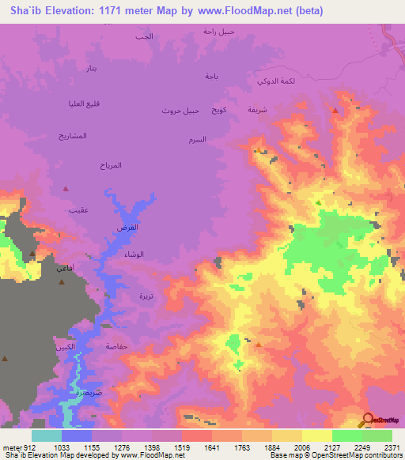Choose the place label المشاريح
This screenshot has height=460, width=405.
pos(72,137)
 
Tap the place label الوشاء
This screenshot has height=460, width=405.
pos(134,255)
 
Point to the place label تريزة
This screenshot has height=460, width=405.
pos(148,296)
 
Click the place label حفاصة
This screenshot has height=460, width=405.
pos(116,346)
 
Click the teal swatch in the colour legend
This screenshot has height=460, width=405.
pos(47,435)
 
